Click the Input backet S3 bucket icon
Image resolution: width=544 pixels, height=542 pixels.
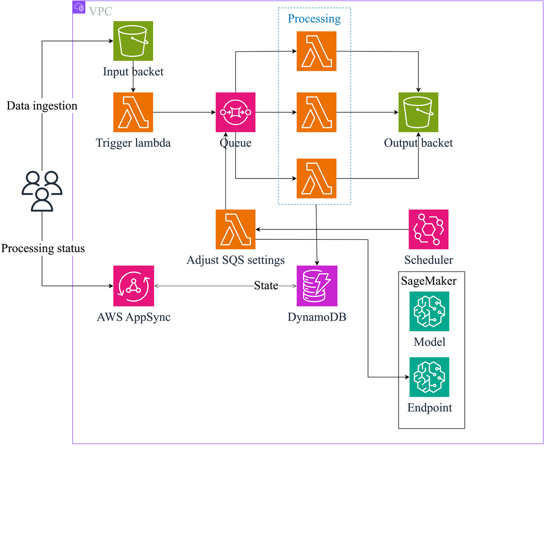coord(133,41)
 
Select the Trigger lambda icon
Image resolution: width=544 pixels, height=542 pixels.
coord(133,112)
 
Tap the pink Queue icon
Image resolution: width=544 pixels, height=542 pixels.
coord(235,112)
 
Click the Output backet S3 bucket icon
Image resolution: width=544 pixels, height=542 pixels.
coord(418,112)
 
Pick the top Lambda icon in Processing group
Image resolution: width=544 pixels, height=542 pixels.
coord(317,51)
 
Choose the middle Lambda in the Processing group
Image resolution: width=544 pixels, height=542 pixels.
coord(317,112)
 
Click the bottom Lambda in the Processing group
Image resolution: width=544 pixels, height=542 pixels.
coord(317,179)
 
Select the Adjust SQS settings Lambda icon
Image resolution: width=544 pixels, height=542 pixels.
coord(235,229)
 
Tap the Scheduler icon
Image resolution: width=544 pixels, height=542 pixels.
coord(428,229)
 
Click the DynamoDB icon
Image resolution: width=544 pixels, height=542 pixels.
coord(317,286)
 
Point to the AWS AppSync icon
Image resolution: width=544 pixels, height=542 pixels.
coord(134,286)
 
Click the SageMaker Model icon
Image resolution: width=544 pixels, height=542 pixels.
coord(429,311)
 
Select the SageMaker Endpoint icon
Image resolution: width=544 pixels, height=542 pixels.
coord(429,377)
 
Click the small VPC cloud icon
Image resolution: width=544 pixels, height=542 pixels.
coord(79,7)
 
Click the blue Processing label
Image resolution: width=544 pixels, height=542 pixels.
coord(314,19)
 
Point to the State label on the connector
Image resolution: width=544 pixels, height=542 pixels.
coord(266,285)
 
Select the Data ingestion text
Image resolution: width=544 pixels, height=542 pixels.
coord(42,106)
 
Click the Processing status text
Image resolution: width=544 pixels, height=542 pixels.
coord(43,248)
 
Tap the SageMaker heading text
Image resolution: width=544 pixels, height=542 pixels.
coord(428,281)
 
